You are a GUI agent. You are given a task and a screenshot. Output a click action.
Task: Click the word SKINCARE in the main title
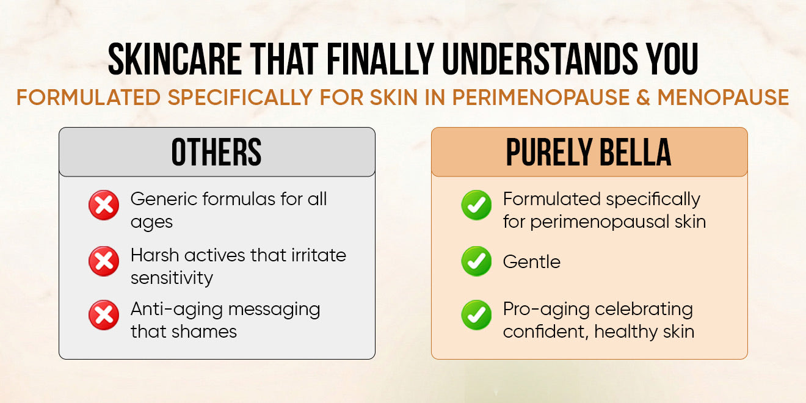click(x=175, y=59)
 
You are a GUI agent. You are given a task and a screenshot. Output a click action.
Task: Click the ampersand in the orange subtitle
click(x=643, y=97)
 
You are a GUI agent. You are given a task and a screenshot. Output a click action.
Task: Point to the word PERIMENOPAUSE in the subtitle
click(x=541, y=97)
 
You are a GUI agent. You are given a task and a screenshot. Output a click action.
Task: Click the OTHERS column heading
click(x=217, y=152)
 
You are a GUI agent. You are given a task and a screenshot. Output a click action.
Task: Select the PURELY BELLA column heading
click(x=589, y=152)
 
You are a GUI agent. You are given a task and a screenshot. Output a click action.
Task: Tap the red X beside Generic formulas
click(x=104, y=205)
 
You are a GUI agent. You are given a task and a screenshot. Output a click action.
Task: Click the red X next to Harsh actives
click(x=104, y=261)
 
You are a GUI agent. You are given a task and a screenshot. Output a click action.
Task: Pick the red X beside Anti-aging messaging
click(x=104, y=315)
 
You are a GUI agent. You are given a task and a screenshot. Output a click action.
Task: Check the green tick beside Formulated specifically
click(x=476, y=205)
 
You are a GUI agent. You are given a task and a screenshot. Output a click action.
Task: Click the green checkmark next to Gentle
click(x=476, y=261)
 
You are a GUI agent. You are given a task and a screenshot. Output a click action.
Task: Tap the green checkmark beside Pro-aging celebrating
click(x=476, y=315)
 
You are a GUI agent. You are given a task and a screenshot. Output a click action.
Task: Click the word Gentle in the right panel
click(x=532, y=261)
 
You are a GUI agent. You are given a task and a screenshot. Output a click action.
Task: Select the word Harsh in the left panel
click(x=154, y=255)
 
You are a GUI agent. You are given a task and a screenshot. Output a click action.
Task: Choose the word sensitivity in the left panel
click(x=172, y=278)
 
